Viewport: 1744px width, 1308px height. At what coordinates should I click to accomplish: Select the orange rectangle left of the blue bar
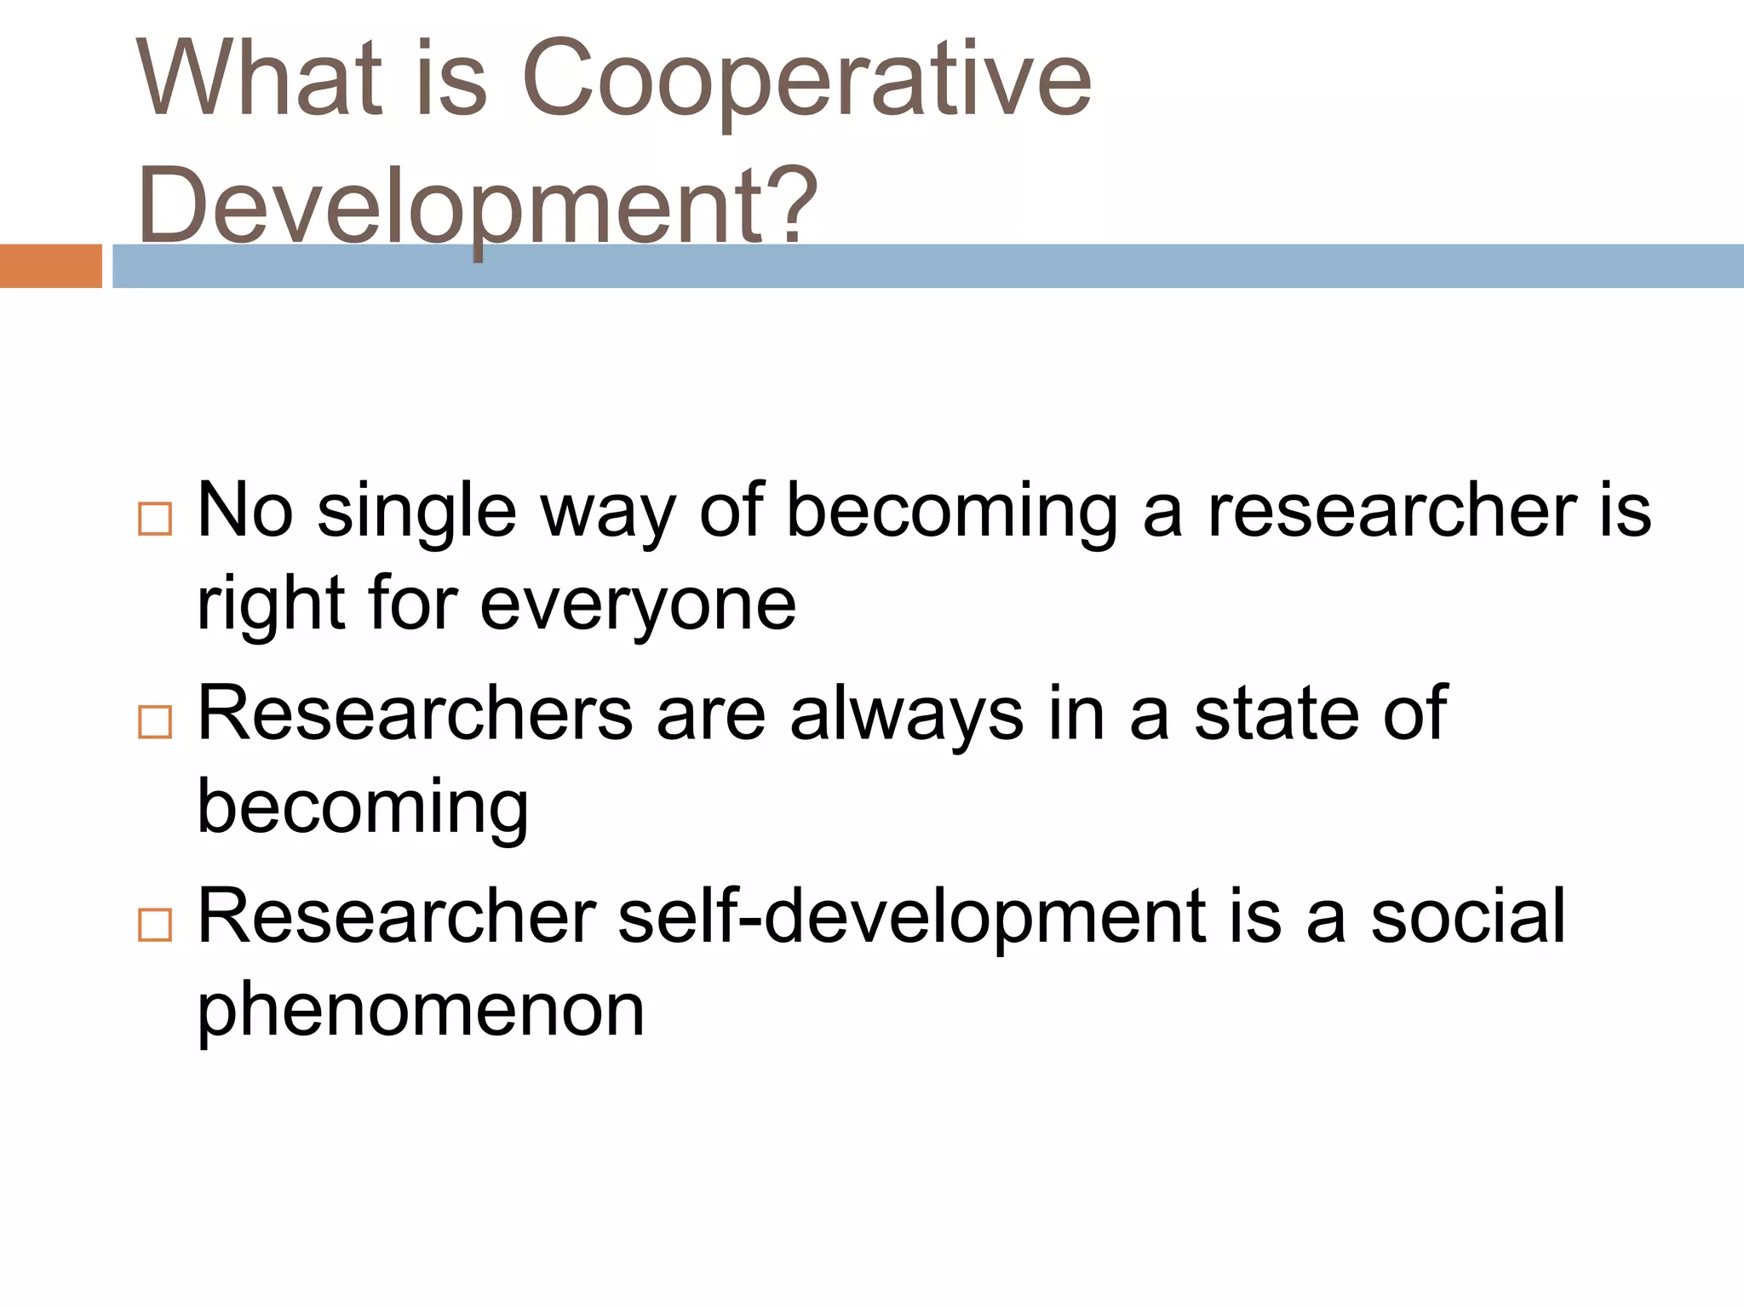[x=50, y=266]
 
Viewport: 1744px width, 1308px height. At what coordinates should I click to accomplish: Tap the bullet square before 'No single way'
[x=155, y=518]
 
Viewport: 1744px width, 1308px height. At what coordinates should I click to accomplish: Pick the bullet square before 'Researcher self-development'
[x=155, y=924]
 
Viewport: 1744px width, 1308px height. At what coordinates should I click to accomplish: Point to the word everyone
[x=638, y=605]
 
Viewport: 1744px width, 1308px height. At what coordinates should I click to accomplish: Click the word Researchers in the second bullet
[x=415, y=714]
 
